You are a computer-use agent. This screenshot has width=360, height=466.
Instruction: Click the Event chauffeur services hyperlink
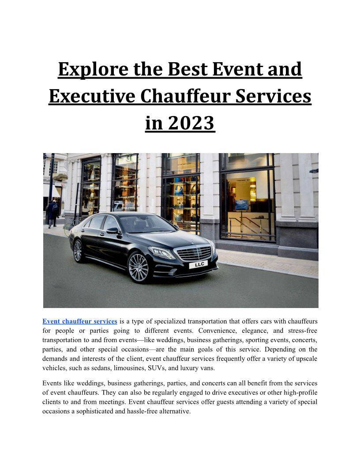click(79, 321)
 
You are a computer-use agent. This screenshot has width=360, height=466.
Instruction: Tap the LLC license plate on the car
click(199, 265)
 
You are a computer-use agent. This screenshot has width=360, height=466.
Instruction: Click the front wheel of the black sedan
click(138, 267)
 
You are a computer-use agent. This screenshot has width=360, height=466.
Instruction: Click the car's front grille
click(194, 253)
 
